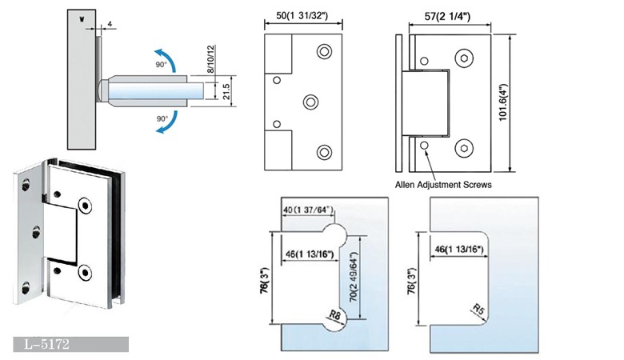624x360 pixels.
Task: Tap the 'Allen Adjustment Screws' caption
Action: [443, 185]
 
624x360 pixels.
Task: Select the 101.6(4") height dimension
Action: [522, 103]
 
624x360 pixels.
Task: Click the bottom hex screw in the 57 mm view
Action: [466, 148]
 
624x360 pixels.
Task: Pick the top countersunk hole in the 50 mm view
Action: [324, 52]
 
